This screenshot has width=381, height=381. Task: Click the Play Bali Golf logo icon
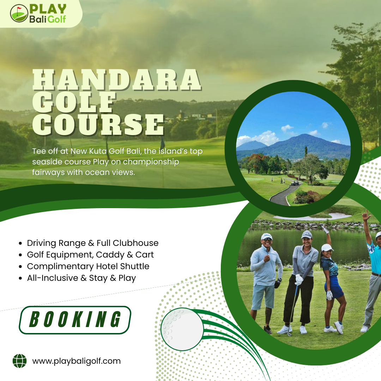point(19,13)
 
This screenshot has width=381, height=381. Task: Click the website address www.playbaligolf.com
point(77,361)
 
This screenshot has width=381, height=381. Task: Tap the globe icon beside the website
point(19,361)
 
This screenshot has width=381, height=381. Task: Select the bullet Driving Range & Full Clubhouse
point(92,243)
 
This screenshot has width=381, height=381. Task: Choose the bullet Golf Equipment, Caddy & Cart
point(90,255)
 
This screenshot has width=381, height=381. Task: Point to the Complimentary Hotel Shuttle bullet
point(88,266)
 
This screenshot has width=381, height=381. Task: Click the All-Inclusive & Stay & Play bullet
point(81,278)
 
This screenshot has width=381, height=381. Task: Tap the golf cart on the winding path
point(295,183)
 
